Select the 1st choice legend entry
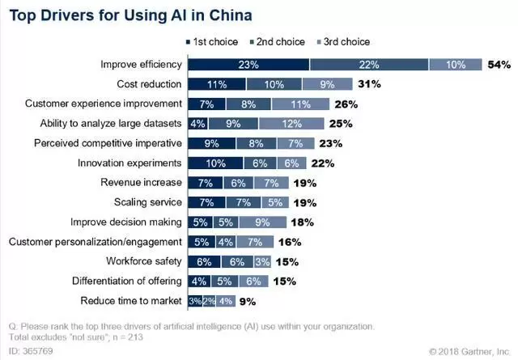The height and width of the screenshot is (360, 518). pos(212,41)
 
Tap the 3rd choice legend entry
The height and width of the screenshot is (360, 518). pos(340,41)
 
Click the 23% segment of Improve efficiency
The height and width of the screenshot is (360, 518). pos(248,65)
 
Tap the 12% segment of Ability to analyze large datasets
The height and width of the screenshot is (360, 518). pos(291,124)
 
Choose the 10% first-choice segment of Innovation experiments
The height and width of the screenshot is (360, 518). pos(215,163)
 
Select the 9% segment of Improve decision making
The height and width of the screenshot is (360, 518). pos(262,222)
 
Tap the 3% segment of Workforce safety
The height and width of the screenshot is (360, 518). pos(261,261)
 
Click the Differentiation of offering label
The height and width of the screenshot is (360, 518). pos(115,281)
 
